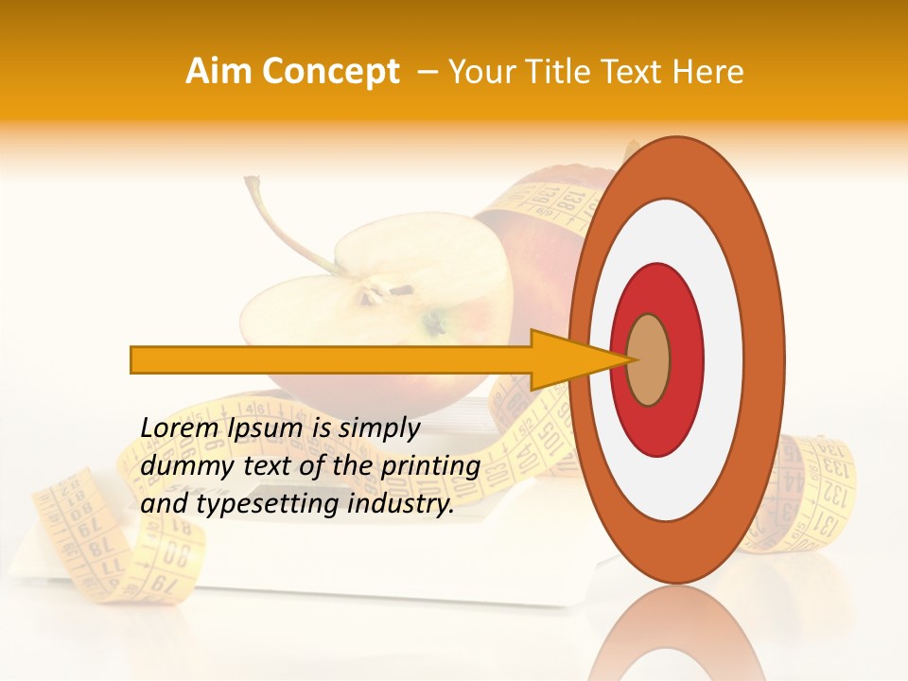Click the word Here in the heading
pos(708,72)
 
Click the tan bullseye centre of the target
pos(649,360)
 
